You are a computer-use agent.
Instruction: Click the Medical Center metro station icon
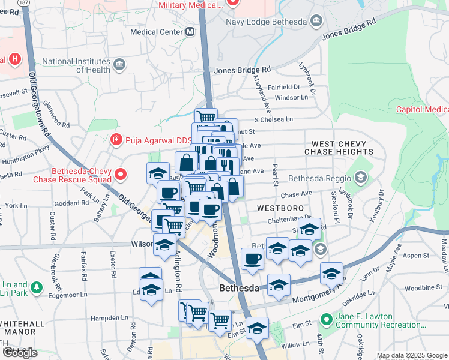[190, 32]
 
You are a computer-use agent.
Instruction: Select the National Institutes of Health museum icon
[119, 64]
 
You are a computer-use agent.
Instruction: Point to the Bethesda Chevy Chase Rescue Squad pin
[121, 175]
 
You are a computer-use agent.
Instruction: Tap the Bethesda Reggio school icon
[360, 178]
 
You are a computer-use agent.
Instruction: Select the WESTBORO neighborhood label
[279, 208]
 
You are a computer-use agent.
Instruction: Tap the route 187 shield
[24, 3]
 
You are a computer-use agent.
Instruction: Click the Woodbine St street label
[423, 288]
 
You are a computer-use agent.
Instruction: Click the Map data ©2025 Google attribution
[412, 355]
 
